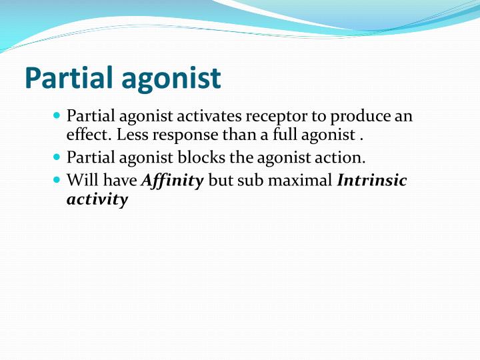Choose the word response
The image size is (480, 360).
[x=179, y=135]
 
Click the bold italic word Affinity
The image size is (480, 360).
[x=173, y=181]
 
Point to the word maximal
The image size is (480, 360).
[x=303, y=181]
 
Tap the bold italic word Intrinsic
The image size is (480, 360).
[x=372, y=181]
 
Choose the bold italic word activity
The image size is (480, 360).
[x=97, y=199]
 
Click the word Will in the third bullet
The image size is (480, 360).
[x=81, y=181]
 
